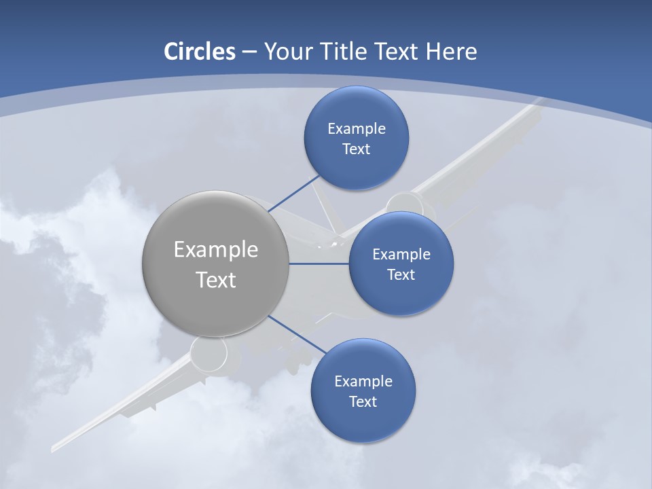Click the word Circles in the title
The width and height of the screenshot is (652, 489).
[200, 52]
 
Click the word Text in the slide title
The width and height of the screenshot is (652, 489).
[397, 52]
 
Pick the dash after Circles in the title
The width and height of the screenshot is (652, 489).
[249, 52]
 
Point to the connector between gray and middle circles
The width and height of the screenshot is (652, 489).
[319, 264]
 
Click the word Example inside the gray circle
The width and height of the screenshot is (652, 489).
[216, 250]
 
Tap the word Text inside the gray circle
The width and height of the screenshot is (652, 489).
[216, 280]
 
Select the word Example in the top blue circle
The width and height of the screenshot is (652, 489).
[357, 129]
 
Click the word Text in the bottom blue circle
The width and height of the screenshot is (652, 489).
[363, 401]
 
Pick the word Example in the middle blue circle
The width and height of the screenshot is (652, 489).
[401, 255]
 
